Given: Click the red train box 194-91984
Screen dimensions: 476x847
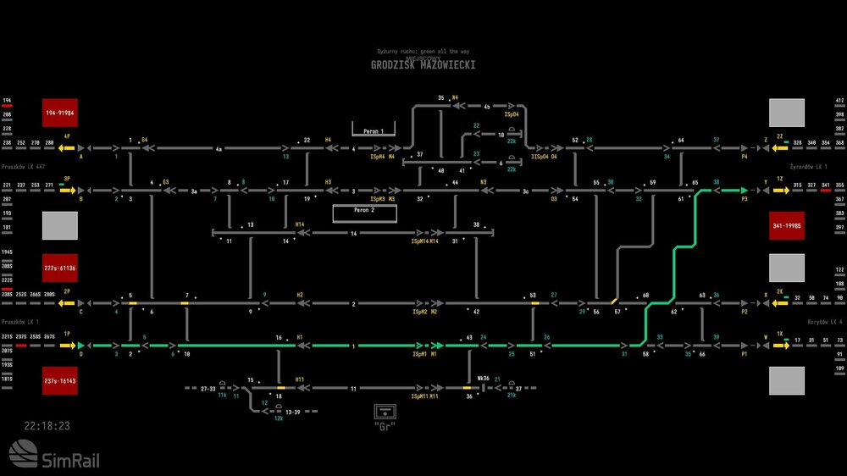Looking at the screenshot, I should [x=60, y=113].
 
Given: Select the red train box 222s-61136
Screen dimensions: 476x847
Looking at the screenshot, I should [x=60, y=268].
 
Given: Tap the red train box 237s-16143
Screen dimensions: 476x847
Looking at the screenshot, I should [x=60, y=380].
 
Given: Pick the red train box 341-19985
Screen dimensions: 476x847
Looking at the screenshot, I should [x=786, y=226].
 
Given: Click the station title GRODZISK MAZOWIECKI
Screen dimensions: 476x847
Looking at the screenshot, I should [x=423, y=65].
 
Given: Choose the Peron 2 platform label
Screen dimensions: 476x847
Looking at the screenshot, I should [x=363, y=209].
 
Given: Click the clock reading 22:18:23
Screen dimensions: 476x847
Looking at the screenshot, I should [x=47, y=426].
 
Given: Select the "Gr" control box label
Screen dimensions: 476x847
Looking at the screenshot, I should [x=385, y=424].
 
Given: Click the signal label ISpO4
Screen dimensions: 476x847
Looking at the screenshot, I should [x=511, y=113].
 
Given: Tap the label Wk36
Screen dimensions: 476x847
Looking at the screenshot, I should [x=484, y=379].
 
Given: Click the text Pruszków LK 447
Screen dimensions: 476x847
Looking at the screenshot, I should [x=23, y=167].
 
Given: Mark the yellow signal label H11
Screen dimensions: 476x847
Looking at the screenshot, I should [x=300, y=379].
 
